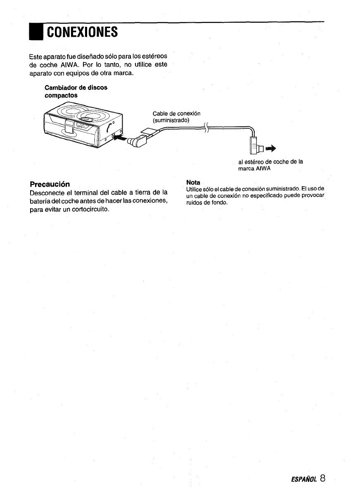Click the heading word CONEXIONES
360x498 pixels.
click(x=82, y=32)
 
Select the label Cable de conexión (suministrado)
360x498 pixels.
click(x=176, y=117)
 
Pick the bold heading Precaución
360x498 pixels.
click(x=50, y=183)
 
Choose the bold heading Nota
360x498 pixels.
click(x=193, y=182)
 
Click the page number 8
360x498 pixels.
click(x=322, y=478)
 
